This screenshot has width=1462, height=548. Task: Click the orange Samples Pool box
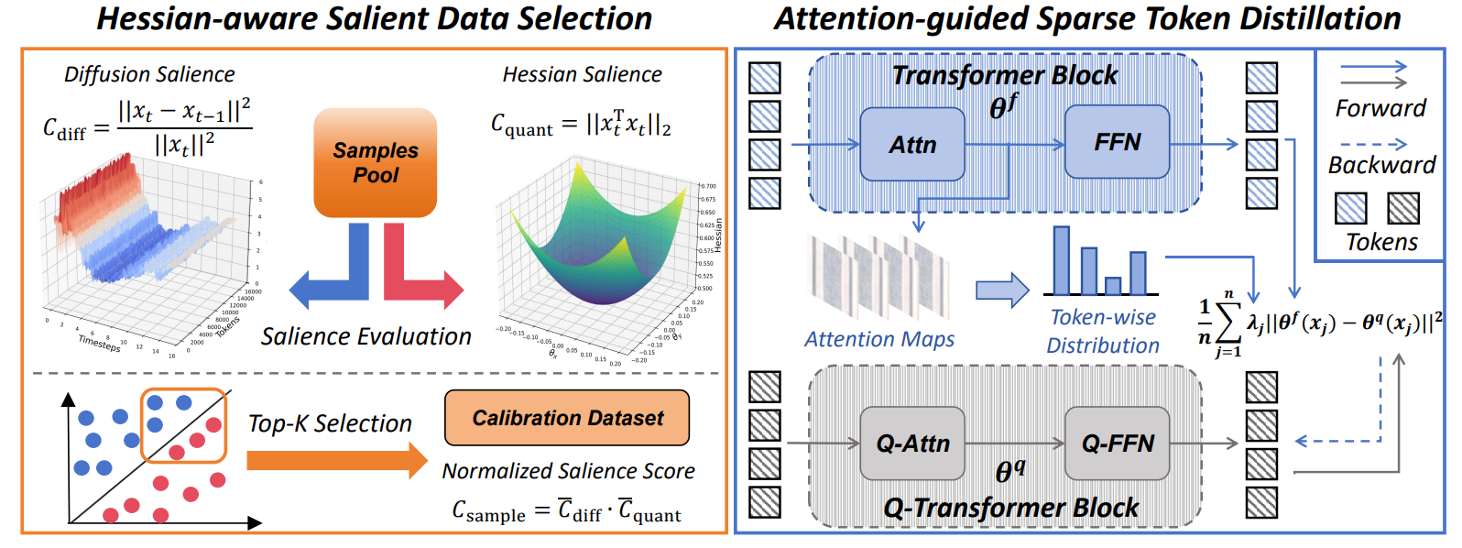[376, 162]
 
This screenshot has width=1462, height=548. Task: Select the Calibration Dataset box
[567, 418]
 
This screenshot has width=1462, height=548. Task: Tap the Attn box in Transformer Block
[912, 144]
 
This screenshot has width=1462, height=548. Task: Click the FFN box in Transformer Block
[1117, 142]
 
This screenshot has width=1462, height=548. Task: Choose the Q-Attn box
[912, 444]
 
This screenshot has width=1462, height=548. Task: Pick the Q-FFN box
[1117, 444]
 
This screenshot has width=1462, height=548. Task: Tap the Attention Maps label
[878, 339]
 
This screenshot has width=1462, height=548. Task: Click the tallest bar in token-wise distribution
[1062, 260]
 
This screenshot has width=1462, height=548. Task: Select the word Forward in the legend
[1380, 108]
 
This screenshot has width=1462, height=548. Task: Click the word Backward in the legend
[1381, 165]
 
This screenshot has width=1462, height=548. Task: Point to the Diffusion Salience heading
[149, 74]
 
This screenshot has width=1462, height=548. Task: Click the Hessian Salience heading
[582, 74]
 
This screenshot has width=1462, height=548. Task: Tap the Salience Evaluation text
[365, 336]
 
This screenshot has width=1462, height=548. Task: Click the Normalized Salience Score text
[568, 471]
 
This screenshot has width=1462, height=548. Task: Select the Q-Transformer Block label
[1010, 508]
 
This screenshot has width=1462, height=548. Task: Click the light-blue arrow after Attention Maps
[1002, 290]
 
